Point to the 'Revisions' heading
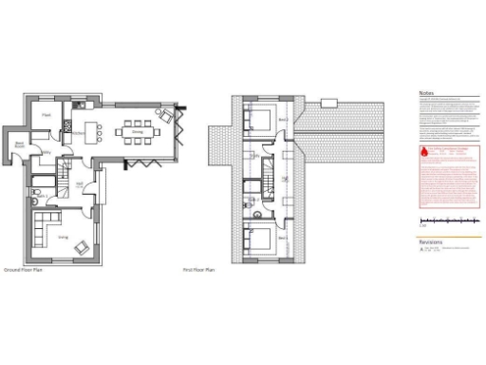430,241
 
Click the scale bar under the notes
448,223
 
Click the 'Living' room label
63,236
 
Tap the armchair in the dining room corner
167,116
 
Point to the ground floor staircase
64,176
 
